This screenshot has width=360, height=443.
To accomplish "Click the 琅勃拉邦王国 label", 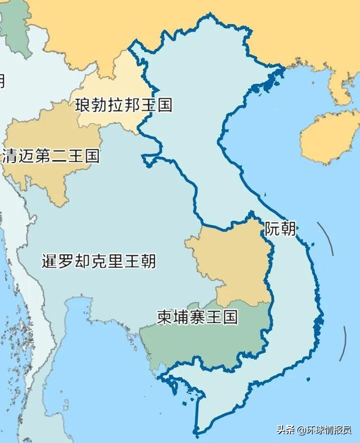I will click(x=123, y=105).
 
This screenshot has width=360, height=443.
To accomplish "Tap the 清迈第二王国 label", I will click(x=51, y=156).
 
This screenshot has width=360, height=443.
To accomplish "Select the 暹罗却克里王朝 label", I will click(x=99, y=261).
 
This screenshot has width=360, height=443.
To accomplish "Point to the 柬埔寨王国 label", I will click(x=197, y=317).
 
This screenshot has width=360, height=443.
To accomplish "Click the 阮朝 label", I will click(x=280, y=229).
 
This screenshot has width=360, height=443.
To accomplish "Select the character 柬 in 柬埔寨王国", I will click(x=165, y=317).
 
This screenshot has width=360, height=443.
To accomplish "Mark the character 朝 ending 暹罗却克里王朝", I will click(x=148, y=261).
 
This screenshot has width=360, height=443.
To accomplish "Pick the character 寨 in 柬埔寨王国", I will click(x=197, y=317).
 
